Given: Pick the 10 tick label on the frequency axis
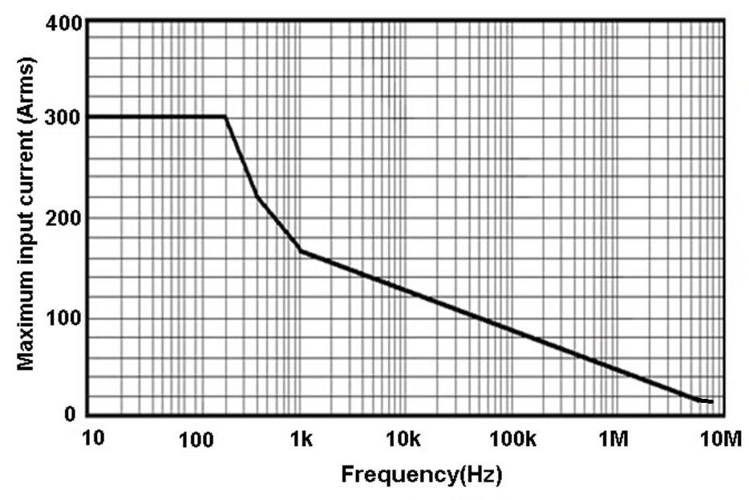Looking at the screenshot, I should [x=93, y=439].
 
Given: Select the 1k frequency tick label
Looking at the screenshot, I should [x=302, y=439].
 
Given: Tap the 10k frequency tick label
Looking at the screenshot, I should [x=403, y=439].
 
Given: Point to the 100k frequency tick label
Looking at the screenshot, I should [x=508, y=439].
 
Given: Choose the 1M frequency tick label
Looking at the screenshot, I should [x=613, y=439].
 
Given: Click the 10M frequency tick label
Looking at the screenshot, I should [x=718, y=439].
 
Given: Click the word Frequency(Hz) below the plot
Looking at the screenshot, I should [x=422, y=474].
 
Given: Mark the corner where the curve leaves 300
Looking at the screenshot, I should [x=225, y=117].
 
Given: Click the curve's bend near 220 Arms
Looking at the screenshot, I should [x=257, y=197].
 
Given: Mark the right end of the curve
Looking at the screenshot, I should [x=711, y=400].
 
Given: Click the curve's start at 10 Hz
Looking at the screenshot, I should [x=89, y=117].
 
